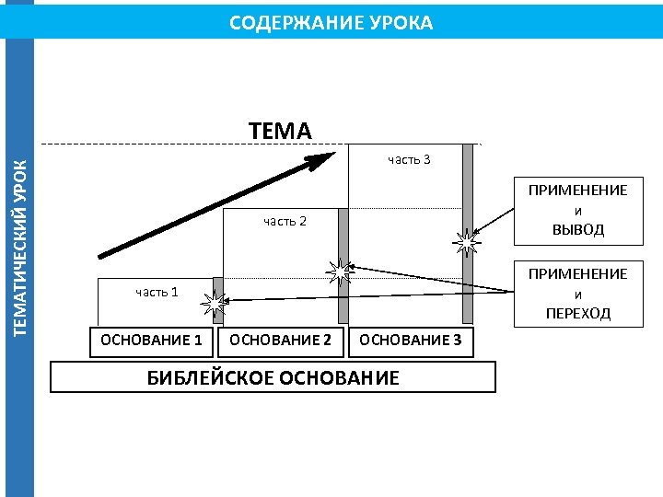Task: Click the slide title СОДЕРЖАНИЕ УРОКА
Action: tap(331, 22)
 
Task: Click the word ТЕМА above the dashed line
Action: tap(280, 131)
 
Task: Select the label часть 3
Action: tap(409, 160)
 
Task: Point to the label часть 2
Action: tap(285, 221)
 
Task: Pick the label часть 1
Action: tap(157, 292)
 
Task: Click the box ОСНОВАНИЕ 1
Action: tap(151, 341)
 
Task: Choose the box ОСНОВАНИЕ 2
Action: tap(280, 341)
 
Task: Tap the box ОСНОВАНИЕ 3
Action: tap(411, 341)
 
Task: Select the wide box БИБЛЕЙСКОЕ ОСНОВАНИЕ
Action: tap(273, 377)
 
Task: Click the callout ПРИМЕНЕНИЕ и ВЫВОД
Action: tap(577, 210)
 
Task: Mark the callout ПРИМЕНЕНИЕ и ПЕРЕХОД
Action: tap(577, 294)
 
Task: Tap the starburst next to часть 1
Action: tap(215, 302)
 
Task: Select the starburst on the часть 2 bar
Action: tap(342, 270)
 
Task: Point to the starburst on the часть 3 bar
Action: tap(468, 242)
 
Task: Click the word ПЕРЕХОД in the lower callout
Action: tap(577, 314)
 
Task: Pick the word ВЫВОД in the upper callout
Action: tap(577, 230)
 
